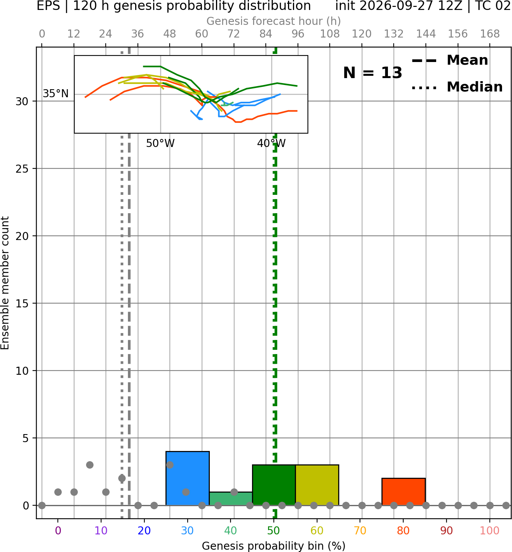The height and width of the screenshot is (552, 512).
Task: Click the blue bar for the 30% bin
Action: pos(187,478)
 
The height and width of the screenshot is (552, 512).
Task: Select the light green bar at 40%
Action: pos(231,499)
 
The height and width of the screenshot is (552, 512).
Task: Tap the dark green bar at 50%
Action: pos(274,485)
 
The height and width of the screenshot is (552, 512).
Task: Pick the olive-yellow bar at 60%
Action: pos(317,485)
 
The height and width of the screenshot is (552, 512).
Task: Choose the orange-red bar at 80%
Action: pos(404,492)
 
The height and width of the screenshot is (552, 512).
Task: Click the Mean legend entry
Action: pos(450,60)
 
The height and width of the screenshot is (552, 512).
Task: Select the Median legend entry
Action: pos(457,87)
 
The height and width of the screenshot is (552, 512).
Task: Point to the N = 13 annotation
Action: pos(373,73)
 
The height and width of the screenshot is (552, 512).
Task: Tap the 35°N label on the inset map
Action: pos(56,94)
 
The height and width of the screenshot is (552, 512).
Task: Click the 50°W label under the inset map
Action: pos(160,144)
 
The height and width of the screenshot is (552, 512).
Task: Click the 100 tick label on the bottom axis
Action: pos(489,531)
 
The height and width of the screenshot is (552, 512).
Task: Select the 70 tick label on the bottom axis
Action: pos(360,531)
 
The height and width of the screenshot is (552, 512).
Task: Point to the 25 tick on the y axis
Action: pos(22,169)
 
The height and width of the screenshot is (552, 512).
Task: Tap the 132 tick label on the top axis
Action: pos(394,34)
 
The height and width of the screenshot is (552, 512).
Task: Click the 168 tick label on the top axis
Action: pos(490,34)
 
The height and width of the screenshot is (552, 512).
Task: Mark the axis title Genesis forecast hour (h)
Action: pos(274,21)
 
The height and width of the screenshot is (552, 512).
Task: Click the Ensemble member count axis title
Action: pos(5,283)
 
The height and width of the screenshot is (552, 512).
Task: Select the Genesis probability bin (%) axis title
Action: pos(274,546)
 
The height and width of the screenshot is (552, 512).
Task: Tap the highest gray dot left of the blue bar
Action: pos(90,465)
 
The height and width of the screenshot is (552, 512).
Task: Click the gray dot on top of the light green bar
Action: pos(234,492)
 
